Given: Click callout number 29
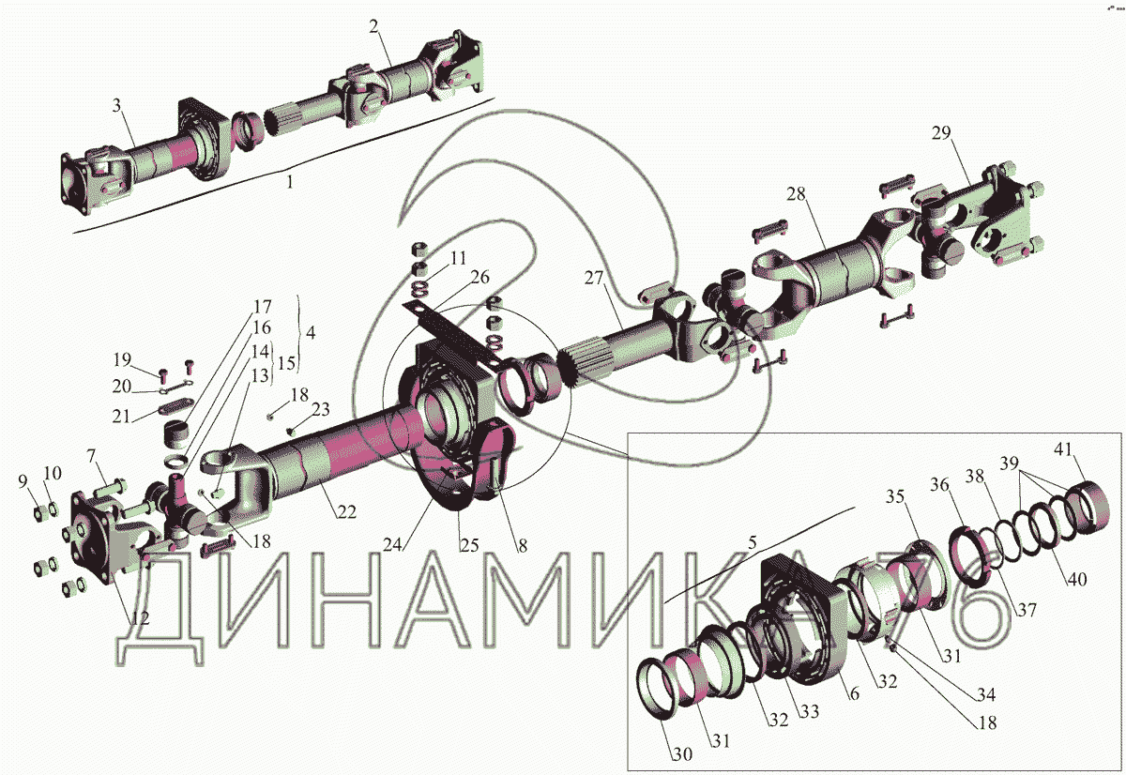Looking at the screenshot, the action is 941,133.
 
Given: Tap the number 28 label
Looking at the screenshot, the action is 796,194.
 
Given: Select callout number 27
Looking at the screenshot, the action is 593,278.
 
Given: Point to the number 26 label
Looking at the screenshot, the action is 479,277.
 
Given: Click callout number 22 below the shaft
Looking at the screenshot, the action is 346,512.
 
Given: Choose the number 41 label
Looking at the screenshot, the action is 1062,448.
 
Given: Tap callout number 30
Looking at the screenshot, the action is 682,754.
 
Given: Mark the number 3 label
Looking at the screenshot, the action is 116,105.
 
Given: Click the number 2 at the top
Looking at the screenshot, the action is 373,26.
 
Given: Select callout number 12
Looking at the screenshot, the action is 140,618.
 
